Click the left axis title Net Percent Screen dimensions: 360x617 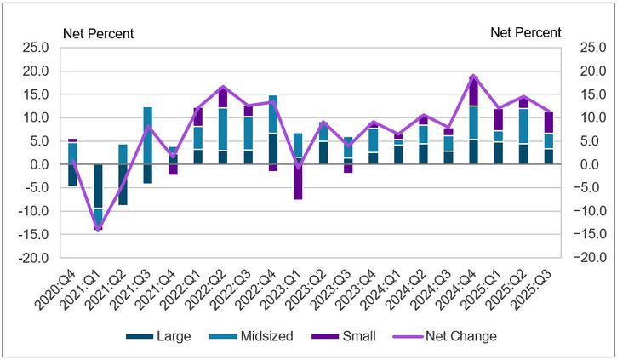(98, 33)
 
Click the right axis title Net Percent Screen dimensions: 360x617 (526, 33)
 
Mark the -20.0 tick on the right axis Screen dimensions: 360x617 (593, 258)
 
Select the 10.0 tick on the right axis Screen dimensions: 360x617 (593, 117)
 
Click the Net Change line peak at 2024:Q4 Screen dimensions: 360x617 (473, 77)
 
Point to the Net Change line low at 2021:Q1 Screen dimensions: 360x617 (98, 229)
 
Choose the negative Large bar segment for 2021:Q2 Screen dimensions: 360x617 (123, 185)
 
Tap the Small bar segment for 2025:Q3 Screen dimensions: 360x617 (548, 123)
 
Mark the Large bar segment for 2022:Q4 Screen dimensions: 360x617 (272, 149)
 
